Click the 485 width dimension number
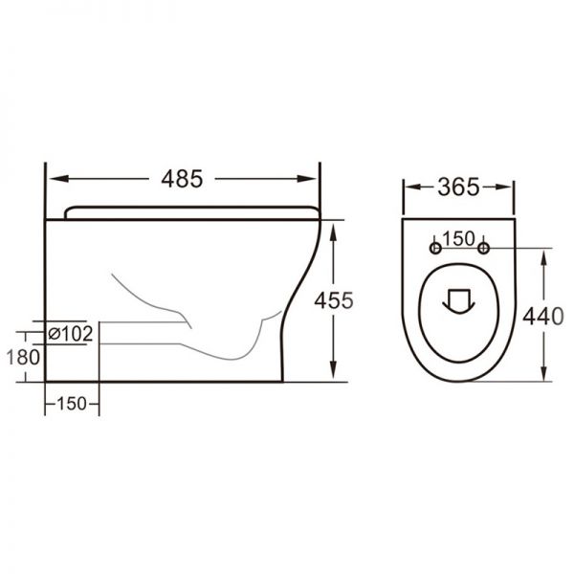pyautogui.click(x=183, y=178)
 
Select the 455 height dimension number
pyautogui.click(x=335, y=299)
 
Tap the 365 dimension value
pyautogui.click(x=459, y=188)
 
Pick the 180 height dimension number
pyautogui.click(x=25, y=357)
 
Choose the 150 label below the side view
pyautogui.click(x=72, y=404)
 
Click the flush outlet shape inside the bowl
pyautogui.click(x=459, y=301)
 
